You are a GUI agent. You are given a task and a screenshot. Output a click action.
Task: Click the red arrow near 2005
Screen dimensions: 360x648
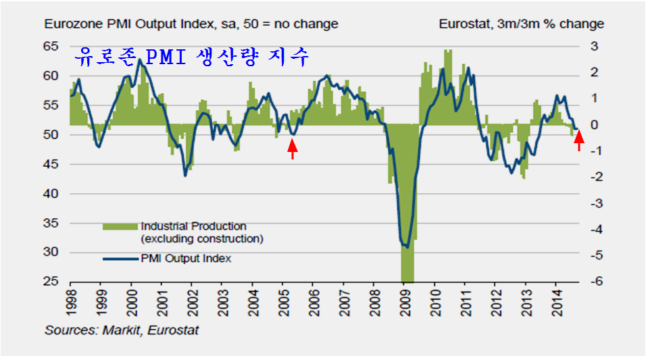coord(292,148)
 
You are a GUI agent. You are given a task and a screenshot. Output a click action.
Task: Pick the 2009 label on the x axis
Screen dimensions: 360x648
coord(404,301)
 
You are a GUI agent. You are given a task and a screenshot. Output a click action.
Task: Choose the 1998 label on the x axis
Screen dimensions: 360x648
coord(70,301)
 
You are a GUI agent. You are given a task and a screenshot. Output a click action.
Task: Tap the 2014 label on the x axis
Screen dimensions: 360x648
coord(556,301)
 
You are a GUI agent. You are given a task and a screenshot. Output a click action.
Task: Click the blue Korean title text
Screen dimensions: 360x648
coord(192,57)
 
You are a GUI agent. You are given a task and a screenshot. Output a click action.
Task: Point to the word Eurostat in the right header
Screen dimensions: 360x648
coord(464,24)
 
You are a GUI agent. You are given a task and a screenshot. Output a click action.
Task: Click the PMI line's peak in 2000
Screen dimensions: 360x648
coord(139,60)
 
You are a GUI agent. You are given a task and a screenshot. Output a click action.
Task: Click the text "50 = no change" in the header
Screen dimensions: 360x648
coord(296,24)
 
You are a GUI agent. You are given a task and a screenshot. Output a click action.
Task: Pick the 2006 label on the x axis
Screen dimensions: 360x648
coord(313,301)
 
